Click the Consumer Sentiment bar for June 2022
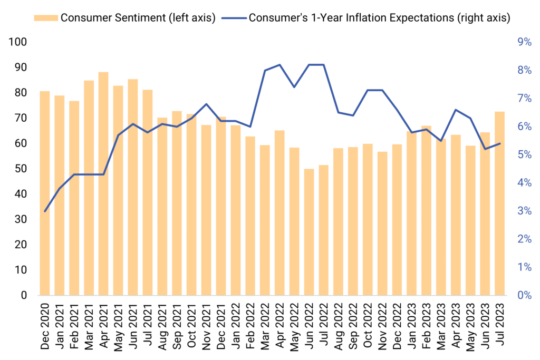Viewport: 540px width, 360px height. click(309, 232)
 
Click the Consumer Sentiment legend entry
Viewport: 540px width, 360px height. click(138, 17)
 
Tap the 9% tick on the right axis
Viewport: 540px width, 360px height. click(524, 42)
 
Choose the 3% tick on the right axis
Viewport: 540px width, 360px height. click(524, 211)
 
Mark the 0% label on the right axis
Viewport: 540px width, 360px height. click(524, 295)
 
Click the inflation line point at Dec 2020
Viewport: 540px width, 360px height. click(45, 211)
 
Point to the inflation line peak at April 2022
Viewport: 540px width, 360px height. click(279, 65)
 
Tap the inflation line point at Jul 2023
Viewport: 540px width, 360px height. click(499, 143)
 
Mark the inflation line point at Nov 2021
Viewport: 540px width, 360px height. click(206, 104)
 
